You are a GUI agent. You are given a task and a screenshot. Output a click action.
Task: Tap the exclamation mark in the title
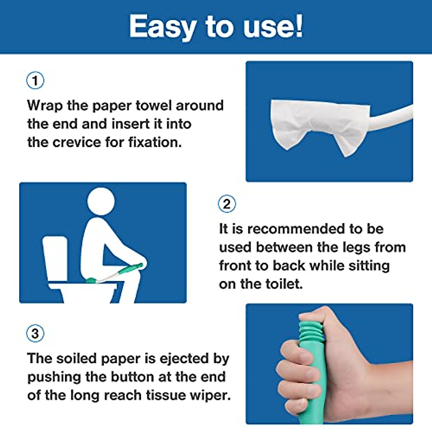(298, 26)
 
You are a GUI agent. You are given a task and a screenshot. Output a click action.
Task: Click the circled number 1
(35, 80)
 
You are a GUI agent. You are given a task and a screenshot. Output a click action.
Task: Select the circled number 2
(227, 204)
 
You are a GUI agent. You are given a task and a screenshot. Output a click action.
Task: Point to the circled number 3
(35, 333)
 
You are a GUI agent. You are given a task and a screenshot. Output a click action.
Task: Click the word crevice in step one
(77, 142)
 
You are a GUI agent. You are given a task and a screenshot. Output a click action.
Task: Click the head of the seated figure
(101, 201)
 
